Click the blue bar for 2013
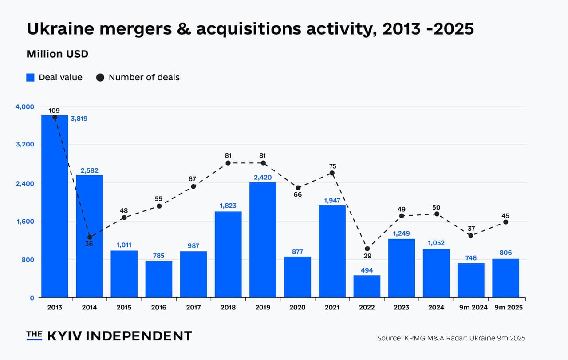(x=55, y=206)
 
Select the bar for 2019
(x=263, y=240)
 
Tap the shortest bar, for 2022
(x=367, y=286)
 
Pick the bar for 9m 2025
(x=505, y=278)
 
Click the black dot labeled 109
(x=55, y=117)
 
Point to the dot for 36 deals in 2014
(x=90, y=237)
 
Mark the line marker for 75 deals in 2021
(x=332, y=173)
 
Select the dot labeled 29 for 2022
(x=367, y=249)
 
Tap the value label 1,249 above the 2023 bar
(x=401, y=233)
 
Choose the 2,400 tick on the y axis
(x=25, y=183)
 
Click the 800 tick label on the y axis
(x=28, y=260)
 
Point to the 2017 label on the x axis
(x=193, y=307)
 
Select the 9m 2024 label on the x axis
(x=471, y=307)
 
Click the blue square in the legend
(x=30, y=77)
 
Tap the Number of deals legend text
(x=144, y=77)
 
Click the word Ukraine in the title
(x=60, y=29)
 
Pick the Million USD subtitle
(x=57, y=54)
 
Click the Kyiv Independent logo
(x=109, y=336)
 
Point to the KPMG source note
(x=451, y=338)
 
